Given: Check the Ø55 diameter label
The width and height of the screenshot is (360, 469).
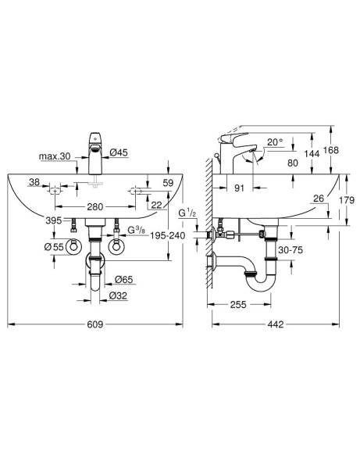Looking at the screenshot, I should point(53,247).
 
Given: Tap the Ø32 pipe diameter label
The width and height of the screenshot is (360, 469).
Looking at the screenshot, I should point(119,295).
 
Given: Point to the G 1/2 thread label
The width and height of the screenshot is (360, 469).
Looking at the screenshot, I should point(185,212).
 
